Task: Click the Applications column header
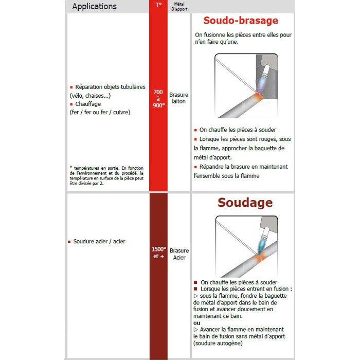click(x=94, y=7)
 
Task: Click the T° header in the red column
click(x=158, y=6)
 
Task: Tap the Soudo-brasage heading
click(x=240, y=21)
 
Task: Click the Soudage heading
click(x=245, y=202)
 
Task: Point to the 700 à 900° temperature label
click(x=158, y=98)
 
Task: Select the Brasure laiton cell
click(x=178, y=98)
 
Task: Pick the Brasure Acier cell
click(x=179, y=254)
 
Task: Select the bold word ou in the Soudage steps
click(x=197, y=322)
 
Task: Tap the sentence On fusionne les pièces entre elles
click(x=242, y=35)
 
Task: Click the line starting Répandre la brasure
click(x=242, y=167)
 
